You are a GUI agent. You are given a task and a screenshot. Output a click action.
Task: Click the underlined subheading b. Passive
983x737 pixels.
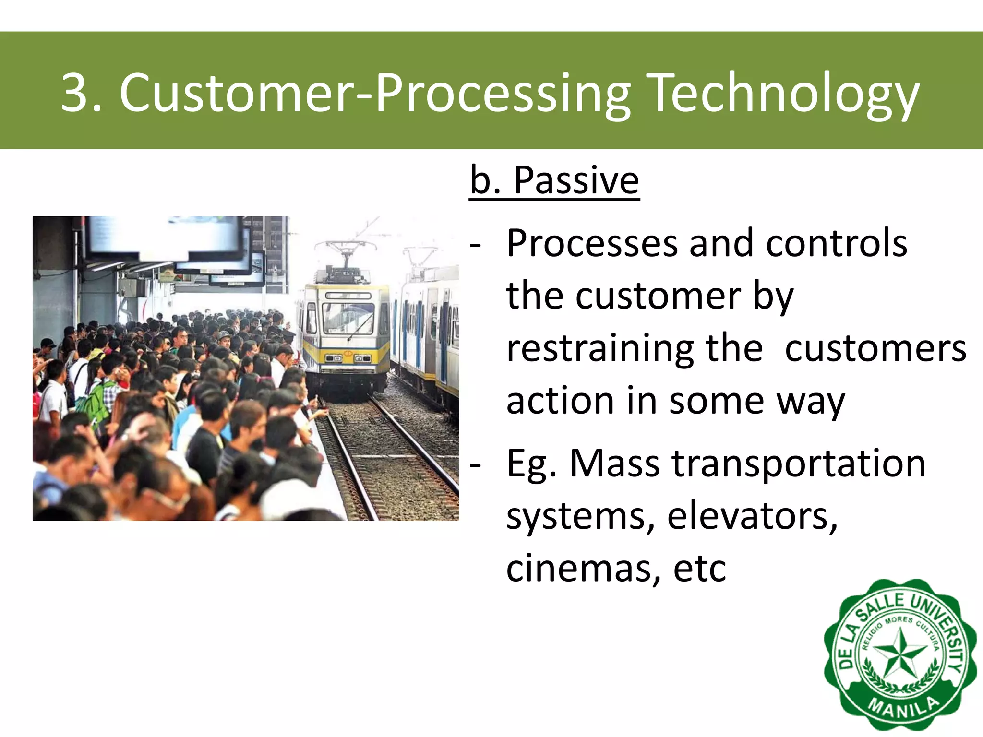pos(554,180)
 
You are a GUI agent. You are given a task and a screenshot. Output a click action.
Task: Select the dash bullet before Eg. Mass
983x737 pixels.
pos(475,464)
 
